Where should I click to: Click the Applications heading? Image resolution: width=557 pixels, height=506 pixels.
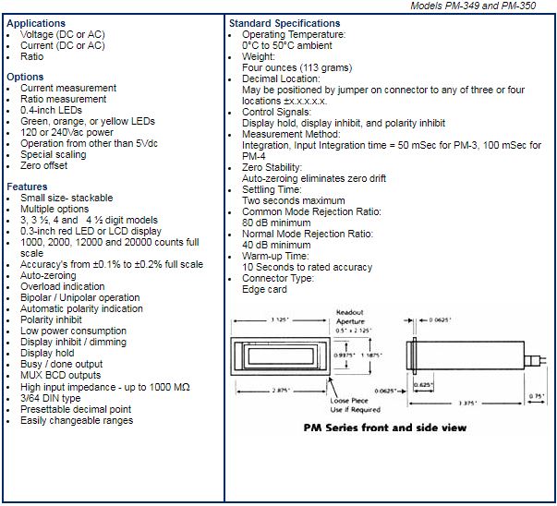[36, 23]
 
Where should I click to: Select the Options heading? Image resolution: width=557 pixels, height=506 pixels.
[25, 77]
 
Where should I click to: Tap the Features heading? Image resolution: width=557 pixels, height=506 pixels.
[27, 187]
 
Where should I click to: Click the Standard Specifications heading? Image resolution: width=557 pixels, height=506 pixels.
[285, 23]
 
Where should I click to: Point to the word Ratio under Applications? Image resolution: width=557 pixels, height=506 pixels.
[32, 57]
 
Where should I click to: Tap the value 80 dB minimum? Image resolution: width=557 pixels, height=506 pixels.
[276, 223]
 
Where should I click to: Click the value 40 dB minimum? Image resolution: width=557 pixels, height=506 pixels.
[276, 245]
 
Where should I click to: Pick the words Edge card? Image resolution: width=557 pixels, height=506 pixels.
[264, 289]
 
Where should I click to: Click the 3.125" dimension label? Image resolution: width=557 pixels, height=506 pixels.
[280, 319]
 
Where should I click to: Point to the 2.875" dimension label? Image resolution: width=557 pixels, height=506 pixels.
[281, 391]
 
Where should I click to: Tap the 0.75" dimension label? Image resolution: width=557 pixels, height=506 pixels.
[537, 396]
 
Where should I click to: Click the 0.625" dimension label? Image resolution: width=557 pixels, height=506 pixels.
[423, 384]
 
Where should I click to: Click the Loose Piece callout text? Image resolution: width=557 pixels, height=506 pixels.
[349, 401]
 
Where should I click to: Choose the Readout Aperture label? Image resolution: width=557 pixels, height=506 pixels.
[350, 317]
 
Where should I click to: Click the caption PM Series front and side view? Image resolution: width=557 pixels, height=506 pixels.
[385, 428]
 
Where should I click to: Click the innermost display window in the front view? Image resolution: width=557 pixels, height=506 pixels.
[281, 356]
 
